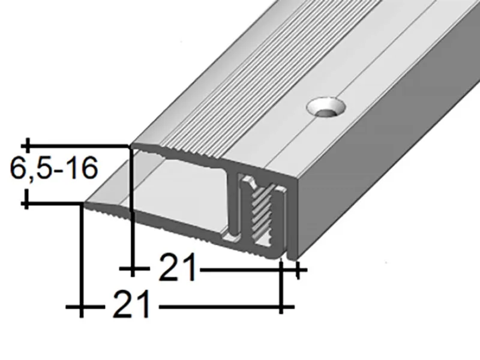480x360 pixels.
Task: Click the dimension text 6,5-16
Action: [x=53, y=170]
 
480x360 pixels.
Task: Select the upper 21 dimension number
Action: [x=177, y=269]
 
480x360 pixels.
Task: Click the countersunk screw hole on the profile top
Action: [x=327, y=109]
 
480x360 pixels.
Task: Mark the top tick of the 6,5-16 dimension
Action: [x=26, y=145]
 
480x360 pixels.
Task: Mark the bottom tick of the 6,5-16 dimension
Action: [x=26, y=204]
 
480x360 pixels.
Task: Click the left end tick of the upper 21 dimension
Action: [x=131, y=269]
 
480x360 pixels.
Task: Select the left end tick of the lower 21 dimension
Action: [x=81, y=307]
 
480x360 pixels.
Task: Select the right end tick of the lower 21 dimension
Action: [x=281, y=307]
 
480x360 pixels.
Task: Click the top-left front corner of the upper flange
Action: [x=133, y=147]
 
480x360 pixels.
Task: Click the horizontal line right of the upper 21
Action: [x=240, y=269]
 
